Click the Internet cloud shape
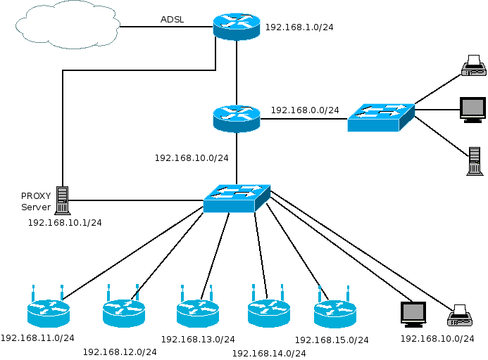click(x=68, y=25)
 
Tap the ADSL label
click(x=173, y=20)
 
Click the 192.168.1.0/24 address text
click(x=299, y=28)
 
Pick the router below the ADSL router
click(x=237, y=118)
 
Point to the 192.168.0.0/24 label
click(x=305, y=110)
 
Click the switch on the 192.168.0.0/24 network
click(x=380, y=117)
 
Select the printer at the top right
click(x=473, y=66)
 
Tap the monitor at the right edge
click(x=472, y=110)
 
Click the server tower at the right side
click(x=474, y=160)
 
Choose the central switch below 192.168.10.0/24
click(x=237, y=198)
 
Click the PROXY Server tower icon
click(x=63, y=200)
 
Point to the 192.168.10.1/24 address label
click(x=65, y=223)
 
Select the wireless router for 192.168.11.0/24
click(x=49, y=311)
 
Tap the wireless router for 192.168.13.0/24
click(x=198, y=311)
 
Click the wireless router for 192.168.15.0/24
click(x=334, y=311)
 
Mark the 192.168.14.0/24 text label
click(x=269, y=353)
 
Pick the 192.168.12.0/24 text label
click(x=120, y=352)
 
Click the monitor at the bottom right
click(x=413, y=314)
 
